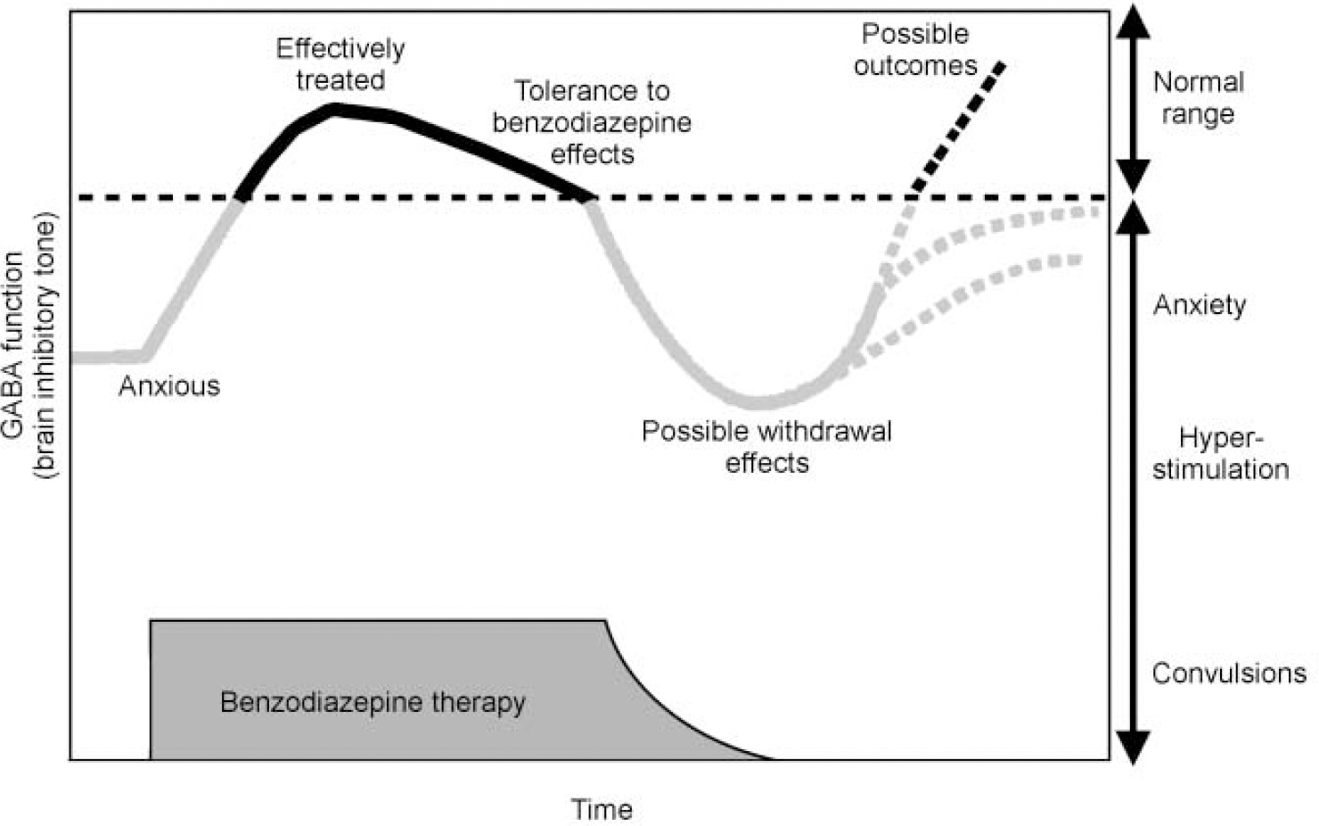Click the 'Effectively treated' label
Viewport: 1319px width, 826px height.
point(340,63)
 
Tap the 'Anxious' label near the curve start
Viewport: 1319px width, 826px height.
point(168,385)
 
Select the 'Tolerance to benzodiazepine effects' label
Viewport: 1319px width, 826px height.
point(592,122)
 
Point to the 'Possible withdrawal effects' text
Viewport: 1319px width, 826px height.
point(766,446)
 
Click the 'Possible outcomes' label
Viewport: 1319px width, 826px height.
point(915,50)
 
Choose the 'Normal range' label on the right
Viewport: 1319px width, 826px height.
point(1198,97)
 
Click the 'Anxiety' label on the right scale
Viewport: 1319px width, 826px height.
point(1200,305)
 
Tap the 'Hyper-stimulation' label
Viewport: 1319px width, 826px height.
point(1220,453)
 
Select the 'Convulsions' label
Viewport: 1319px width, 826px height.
point(1229,673)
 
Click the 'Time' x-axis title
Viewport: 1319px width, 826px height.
point(602,809)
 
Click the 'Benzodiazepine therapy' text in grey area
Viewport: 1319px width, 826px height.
point(373,702)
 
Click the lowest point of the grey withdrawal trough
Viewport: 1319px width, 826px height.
point(756,402)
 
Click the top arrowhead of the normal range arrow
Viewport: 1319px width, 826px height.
point(1133,20)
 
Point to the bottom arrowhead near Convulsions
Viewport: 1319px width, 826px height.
point(1133,749)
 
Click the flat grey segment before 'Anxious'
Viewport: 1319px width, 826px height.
point(107,357)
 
